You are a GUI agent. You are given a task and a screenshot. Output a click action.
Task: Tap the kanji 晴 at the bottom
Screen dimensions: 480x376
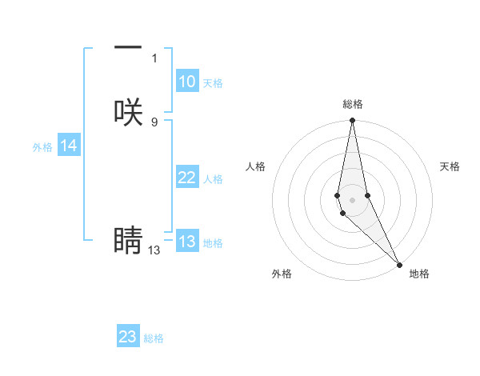click(x=128, y=240)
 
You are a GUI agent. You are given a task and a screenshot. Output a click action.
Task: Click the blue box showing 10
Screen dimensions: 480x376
click(x=186, y=82)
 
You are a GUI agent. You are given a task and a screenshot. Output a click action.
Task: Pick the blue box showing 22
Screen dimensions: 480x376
click(x=186, y=178)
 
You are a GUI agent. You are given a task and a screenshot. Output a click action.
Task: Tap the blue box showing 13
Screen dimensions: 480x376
click(x=186, y=242)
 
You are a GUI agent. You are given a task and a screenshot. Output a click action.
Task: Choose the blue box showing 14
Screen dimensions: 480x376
click(x=69, y=146)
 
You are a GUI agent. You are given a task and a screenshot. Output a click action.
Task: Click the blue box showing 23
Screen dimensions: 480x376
click(x=128, y=337)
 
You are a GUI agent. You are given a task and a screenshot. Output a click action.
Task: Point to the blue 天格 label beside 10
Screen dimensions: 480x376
click(x=213, y=83)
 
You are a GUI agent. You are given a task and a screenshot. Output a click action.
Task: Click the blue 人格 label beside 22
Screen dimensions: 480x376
click(x=213, y=179)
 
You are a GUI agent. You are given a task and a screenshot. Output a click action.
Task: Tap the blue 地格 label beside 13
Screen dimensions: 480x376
click(x=213, y=243)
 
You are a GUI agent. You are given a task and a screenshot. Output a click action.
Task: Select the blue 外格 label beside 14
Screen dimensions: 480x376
click(x=42, y=147)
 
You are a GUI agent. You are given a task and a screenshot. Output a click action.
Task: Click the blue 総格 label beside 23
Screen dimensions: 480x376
click(x=154, y=338)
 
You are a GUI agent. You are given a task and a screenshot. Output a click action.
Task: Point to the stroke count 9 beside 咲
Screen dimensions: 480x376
click(x=154, y=122)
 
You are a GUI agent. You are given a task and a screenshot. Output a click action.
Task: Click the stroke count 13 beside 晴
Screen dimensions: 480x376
click(x=154, y=250)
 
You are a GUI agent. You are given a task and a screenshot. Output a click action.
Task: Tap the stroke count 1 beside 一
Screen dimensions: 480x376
click(x=154, y=58)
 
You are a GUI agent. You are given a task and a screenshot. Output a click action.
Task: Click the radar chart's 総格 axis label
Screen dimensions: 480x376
click(x=353, y=104)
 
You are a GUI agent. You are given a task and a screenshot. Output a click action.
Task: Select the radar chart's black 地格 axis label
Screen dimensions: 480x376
click(x=419, y=274)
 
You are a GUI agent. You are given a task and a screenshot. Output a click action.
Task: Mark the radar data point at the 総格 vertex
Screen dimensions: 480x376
click(x=353, y=121)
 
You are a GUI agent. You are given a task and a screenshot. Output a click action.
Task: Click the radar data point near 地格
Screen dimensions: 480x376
click(x=400, y=263)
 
